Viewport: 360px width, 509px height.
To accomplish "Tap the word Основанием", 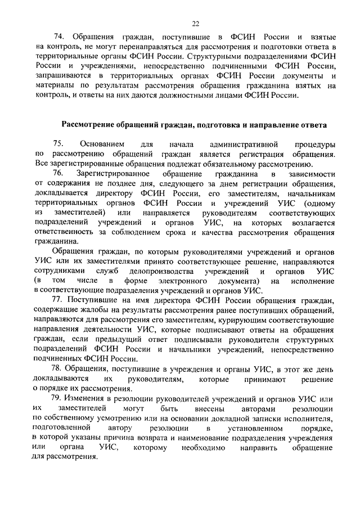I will (x=103, y=144).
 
